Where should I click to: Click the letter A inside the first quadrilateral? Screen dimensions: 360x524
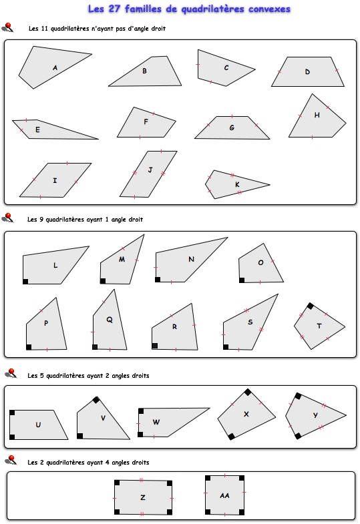click(x=55, y=68)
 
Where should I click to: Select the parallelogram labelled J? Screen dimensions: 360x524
click(x=148, y=174)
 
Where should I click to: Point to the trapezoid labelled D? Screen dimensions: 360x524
click(x=307, y=72)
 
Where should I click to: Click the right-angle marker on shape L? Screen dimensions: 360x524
click(x=25, y=282)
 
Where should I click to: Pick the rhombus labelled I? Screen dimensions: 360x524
click(x=55, y=180)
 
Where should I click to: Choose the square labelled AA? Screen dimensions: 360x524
click(x=224, y=495)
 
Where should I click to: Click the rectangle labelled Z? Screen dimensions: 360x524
click(x=143, y=497)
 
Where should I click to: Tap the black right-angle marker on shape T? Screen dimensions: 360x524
click(x=310, y=306)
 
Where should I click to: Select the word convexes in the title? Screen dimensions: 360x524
click(x=269, y=9)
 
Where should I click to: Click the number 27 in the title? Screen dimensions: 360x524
click(x=114, y=9)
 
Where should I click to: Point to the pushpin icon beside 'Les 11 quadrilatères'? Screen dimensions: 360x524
click(x=8, y=27)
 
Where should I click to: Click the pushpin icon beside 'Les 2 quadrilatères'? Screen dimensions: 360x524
click(x=11, y=460)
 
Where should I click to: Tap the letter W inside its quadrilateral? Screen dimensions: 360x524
click(x=156, y=422)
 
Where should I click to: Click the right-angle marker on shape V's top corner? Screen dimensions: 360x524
click(x=96, y=400)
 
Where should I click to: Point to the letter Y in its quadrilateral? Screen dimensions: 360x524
click(x=315, y=415)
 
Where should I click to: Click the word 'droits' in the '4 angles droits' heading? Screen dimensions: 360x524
click(x=140, y=463)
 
